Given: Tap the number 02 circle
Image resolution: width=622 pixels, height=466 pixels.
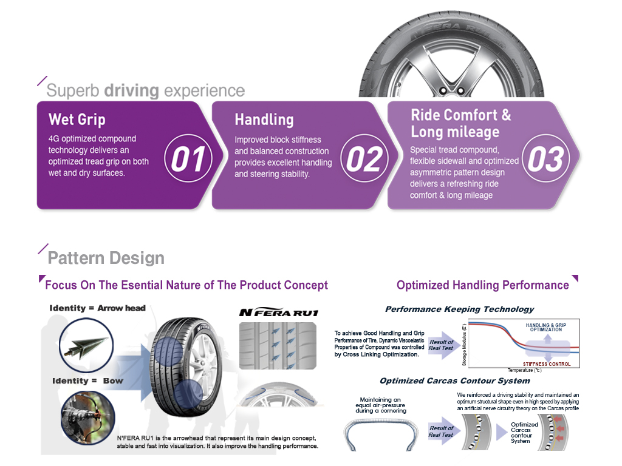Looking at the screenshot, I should [363, 160].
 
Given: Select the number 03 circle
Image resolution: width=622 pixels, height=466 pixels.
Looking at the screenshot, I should [545, 160].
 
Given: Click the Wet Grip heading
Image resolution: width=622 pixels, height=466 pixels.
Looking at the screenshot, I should [77, 119].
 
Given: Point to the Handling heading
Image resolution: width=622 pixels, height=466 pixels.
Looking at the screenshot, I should [264, 120].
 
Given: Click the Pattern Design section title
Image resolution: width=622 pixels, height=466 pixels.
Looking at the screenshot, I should [106, 258].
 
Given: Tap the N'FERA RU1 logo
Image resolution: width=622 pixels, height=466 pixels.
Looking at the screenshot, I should [279, 313].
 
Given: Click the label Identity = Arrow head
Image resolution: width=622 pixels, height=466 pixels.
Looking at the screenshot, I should [97, 308].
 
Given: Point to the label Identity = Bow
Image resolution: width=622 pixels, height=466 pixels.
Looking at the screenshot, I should [87, 381].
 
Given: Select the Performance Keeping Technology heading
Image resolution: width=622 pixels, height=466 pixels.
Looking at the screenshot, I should [459, 309].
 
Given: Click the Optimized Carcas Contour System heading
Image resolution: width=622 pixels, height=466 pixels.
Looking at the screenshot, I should [454, 381].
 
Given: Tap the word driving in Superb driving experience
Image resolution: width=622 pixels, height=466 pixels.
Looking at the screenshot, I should [131, 91].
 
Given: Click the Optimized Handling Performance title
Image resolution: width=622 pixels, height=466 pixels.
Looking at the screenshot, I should [482, 285].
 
